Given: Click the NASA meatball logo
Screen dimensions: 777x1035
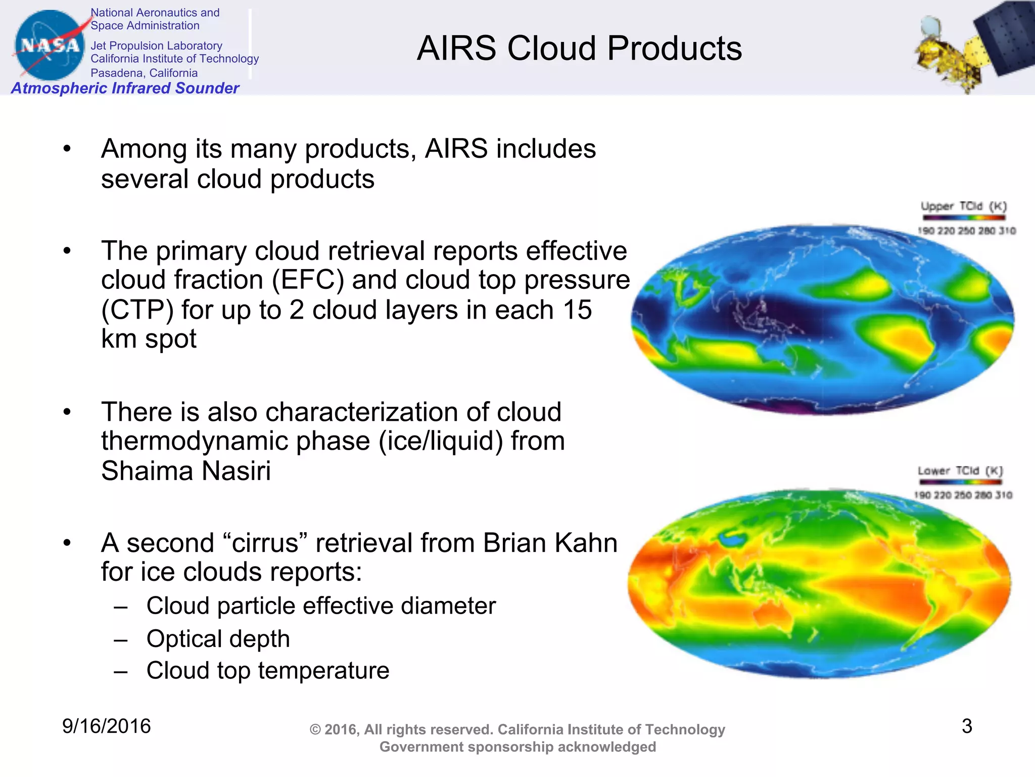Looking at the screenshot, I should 49,45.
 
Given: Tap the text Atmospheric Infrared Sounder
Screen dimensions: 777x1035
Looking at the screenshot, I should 125,88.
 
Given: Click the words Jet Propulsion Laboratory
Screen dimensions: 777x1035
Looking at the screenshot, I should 156,46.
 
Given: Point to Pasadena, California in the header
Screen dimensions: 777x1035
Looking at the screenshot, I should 144,73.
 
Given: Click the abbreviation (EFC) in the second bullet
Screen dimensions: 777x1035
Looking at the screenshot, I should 308,280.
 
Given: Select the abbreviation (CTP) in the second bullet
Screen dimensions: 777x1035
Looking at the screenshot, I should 137,310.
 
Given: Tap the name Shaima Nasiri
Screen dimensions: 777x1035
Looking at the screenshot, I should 186,470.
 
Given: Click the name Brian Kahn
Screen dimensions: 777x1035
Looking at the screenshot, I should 550,543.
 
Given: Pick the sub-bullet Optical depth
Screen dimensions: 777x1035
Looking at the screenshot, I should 218,638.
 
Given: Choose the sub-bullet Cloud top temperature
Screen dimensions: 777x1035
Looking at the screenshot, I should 267,670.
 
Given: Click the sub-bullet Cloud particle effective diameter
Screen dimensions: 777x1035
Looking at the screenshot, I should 321,606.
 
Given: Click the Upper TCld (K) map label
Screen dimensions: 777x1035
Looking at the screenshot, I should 963,206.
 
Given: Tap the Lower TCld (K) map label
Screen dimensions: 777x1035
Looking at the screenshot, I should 960,471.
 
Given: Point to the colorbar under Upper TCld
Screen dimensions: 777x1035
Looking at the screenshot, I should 964,218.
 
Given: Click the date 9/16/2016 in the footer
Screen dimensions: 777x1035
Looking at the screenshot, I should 106,726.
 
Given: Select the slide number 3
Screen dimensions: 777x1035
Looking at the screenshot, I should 966,726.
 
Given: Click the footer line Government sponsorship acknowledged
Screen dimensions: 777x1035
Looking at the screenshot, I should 517,747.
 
